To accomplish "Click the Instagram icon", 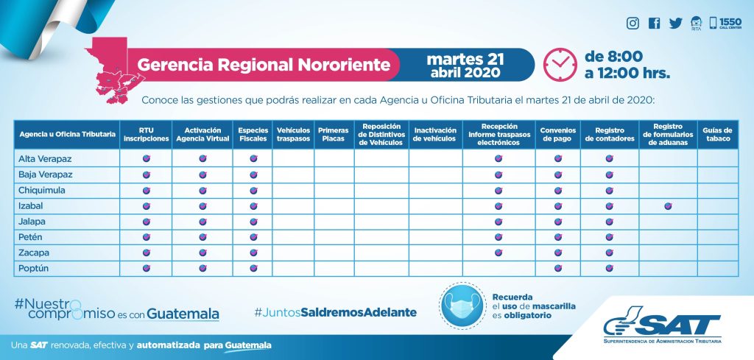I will pos(633,24).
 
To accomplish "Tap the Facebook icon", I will pos(654,24).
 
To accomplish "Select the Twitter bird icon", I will pos(675,24).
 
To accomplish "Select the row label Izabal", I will pos(27,206).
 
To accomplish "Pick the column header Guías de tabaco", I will pos(717,134).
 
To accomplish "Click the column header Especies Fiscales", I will pos(253,134).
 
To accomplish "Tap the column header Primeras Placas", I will pos(334,134).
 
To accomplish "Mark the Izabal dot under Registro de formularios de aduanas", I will pos(668,206).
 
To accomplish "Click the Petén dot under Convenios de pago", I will pos(558,237).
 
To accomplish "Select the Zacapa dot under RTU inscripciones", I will pos(146,253).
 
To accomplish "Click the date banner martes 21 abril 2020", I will pos(465,65).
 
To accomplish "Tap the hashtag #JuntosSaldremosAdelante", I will pos(335,312).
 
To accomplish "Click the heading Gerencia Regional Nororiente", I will pos(264,65).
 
